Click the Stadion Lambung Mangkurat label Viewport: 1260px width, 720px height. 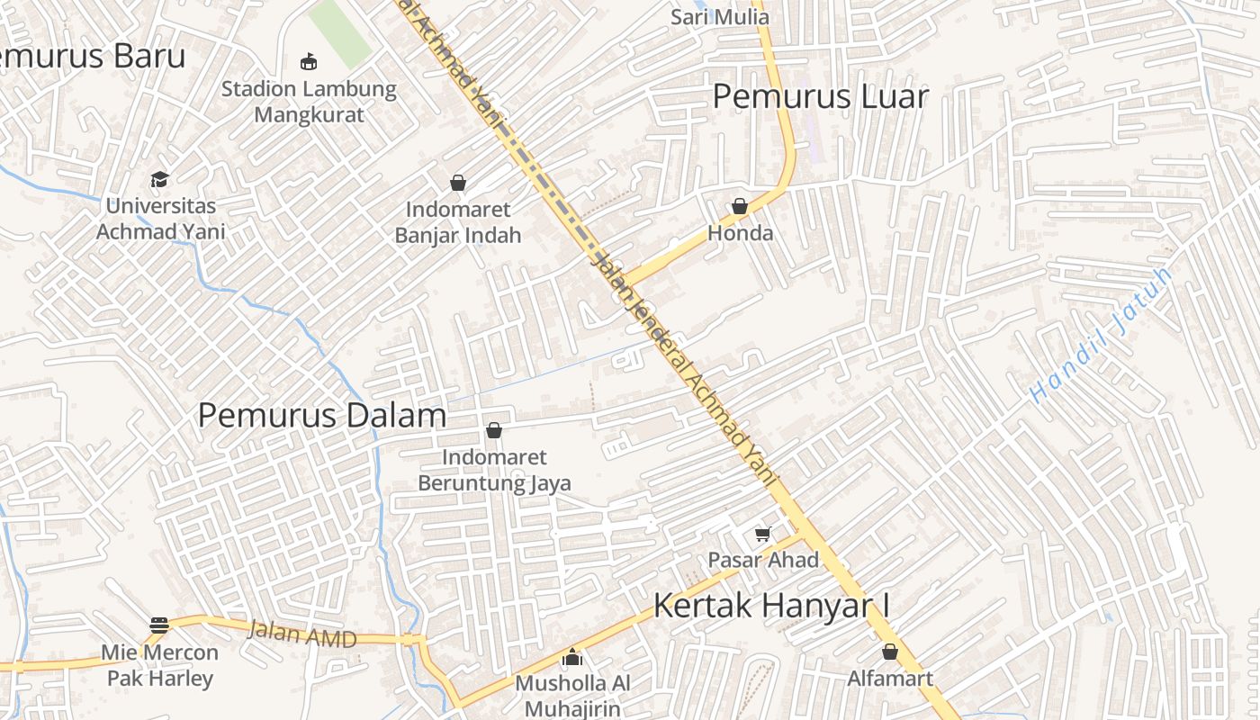309,102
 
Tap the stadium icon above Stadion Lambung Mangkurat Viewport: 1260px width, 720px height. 309,61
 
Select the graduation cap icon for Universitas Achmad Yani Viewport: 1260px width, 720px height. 160,179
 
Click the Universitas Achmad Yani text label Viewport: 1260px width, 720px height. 160,219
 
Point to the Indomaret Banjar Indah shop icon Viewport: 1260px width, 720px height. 458,183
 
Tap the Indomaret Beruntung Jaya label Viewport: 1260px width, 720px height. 494,470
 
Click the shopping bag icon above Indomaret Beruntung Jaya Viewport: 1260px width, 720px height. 493,430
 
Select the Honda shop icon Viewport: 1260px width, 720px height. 740,206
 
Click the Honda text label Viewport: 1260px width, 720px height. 740,233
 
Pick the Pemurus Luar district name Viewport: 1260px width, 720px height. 820,96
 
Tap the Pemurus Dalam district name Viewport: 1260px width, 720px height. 322,415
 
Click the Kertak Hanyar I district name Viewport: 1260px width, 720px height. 771,605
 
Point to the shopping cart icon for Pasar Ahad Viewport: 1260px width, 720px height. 762,534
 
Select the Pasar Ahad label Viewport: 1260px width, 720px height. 763,560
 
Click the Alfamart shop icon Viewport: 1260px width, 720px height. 890,652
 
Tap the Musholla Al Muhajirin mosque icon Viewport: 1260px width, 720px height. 572,658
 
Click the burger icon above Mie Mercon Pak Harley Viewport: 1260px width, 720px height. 159,625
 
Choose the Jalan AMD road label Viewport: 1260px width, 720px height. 302,634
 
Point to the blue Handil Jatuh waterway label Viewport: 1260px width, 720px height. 1102,334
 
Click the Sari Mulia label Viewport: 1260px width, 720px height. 720,16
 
